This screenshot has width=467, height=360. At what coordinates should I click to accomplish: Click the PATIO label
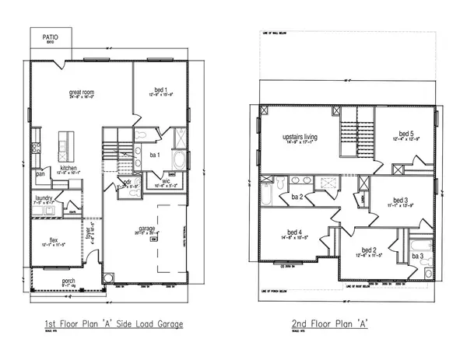[x=51, y=36]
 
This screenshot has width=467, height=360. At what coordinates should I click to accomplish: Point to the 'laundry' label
[x=43, y=199]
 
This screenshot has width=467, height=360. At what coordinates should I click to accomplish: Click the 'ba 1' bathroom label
[x=154, y=155]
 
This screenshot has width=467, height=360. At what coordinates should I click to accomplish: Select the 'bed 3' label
[x=400, y=200]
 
